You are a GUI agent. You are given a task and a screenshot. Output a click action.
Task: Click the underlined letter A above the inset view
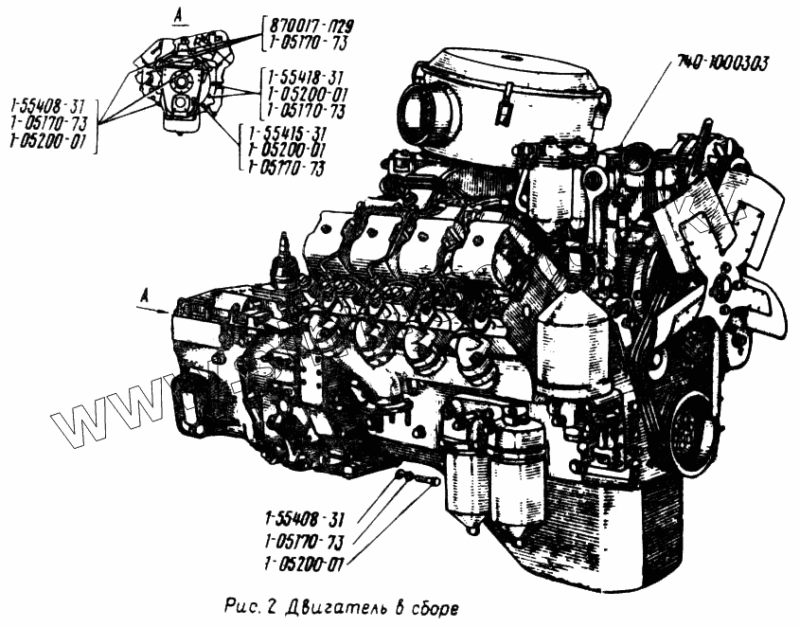pos(178,14)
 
